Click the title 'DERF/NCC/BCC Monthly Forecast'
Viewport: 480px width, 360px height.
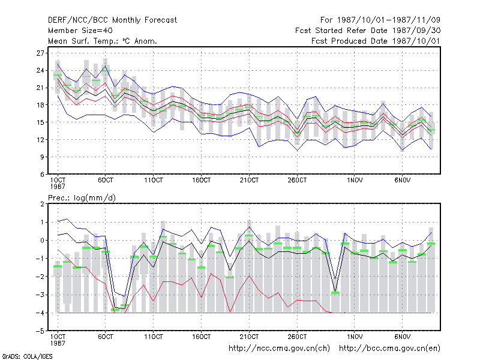(x=112, y=20)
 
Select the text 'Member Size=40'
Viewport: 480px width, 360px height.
(x=80, y=31)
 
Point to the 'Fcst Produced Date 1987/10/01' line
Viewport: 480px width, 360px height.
(x=376, y=41)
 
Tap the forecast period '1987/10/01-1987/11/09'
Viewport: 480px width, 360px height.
(x=388, y=20)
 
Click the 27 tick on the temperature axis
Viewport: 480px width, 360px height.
(x=40, y=53)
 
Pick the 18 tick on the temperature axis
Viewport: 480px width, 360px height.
(x=40, y=105)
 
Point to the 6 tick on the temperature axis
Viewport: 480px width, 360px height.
(x=42, y=174)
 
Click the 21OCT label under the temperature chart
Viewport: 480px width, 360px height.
(x=249, y=180)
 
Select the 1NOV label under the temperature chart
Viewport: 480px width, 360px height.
(x=355, y=180)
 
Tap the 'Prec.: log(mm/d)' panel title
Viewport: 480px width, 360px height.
(x=82, y=198)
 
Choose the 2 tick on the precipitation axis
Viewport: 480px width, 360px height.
(x=42, y=204)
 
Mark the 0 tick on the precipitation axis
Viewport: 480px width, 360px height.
(x=42, y=241)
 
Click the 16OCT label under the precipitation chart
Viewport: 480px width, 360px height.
(x=201, y=337)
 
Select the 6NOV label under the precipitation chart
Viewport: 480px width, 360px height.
(x=402, y=337)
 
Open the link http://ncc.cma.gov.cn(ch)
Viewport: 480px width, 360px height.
(x=279, y=349)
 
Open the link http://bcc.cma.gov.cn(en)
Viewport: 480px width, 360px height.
(x=389, y=349)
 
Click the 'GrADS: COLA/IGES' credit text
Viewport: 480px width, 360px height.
(x=27, y=356)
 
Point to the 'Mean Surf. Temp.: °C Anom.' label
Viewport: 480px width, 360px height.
(x=103, y=41)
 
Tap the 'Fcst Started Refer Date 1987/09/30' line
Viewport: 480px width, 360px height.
(x=368, y=31)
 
